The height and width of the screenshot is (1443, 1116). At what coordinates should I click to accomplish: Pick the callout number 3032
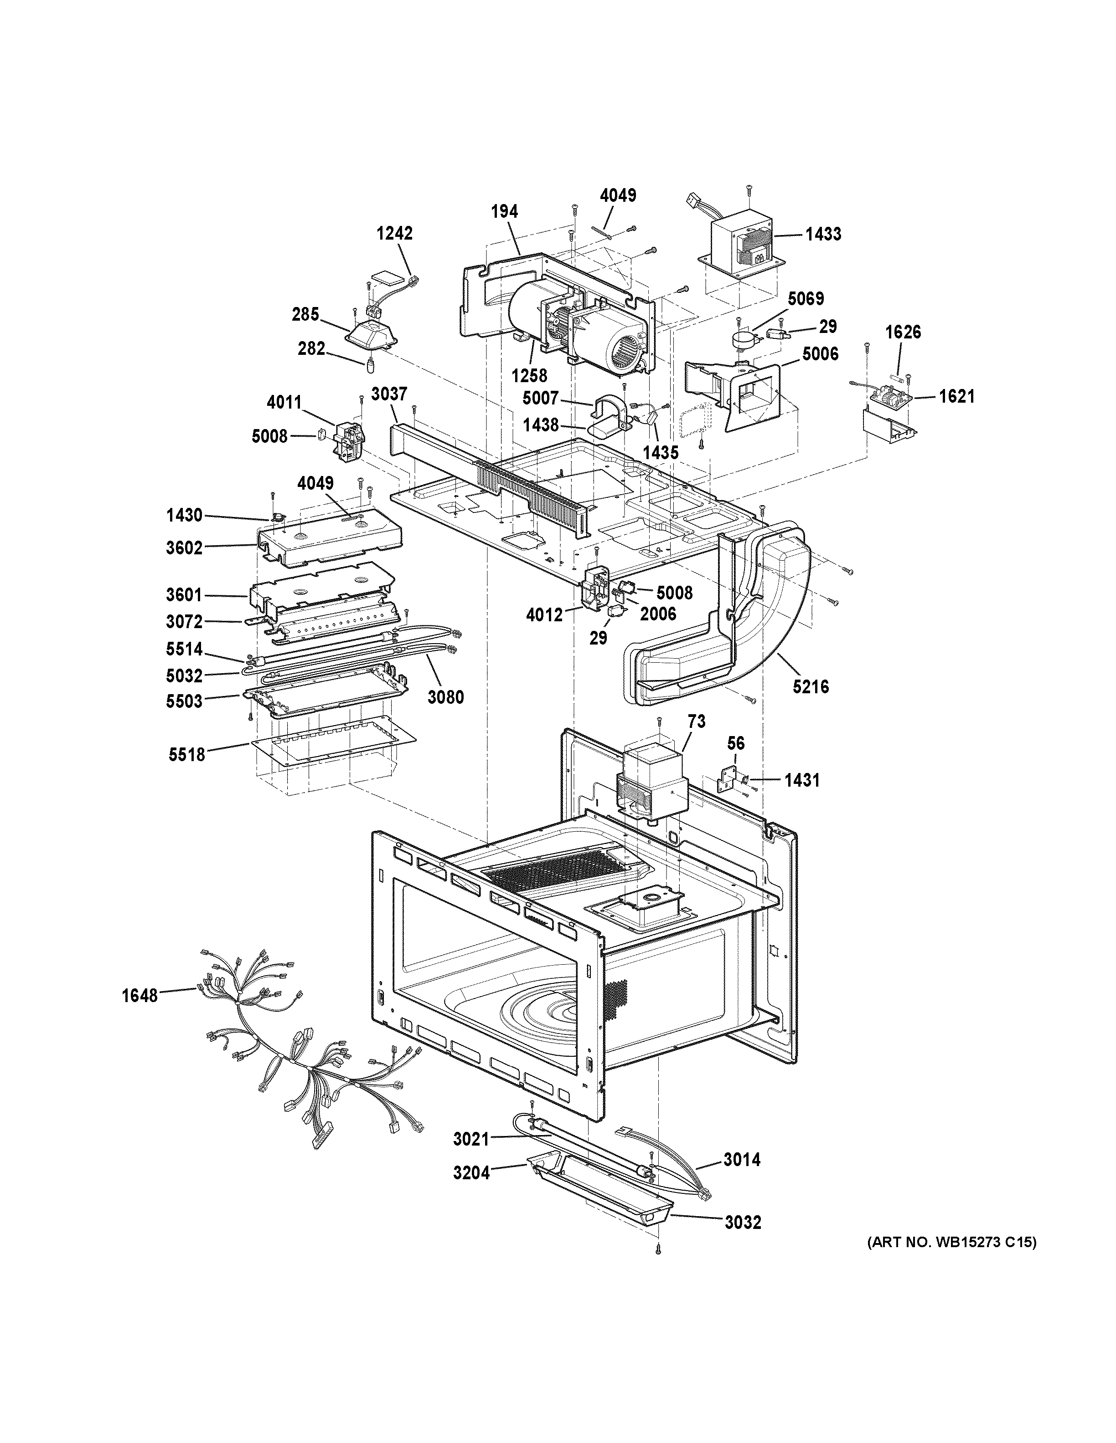coord(743,1223)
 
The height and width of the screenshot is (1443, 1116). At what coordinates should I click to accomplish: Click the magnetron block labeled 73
coord(651,780)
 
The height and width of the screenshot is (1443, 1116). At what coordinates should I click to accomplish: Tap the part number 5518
coord(186,753)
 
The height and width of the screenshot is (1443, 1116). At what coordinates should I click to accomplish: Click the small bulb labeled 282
coord(372,361)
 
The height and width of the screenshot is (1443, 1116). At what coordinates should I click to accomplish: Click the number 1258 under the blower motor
coord(529,375)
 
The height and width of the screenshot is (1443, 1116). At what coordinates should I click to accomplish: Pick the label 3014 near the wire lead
coord(741,1160)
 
